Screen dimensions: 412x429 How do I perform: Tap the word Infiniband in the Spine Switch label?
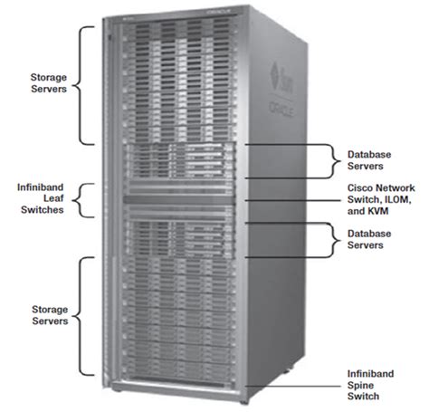(372, 373)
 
